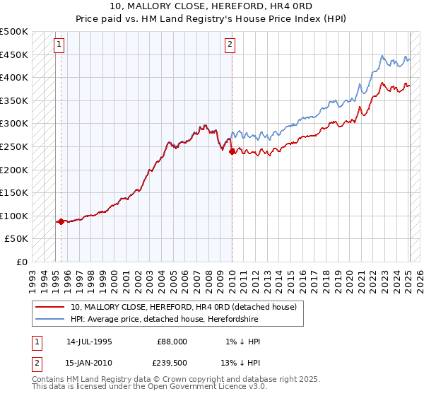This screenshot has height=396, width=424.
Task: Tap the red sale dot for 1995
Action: (61, 221)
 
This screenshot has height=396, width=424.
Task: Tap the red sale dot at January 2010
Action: (232, 151)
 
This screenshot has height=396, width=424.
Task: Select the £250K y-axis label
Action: (14, 146)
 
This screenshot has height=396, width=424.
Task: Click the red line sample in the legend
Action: (49, 307)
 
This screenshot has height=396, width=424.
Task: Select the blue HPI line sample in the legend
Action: (49, 320)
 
